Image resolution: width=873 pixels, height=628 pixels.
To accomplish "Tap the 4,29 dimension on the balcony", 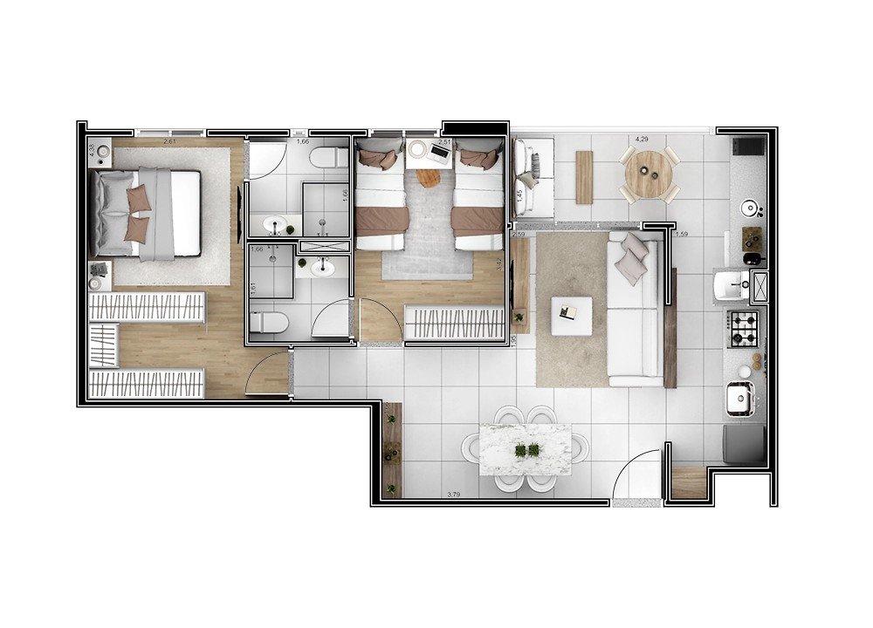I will coord(642,140).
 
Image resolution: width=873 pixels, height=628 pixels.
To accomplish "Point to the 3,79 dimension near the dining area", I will coord(454,495).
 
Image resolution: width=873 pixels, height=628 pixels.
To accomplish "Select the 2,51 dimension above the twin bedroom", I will coord(445,141).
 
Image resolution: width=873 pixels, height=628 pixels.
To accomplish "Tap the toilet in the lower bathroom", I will coord(269,324).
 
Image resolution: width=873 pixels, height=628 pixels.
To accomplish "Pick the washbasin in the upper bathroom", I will coord(279,224).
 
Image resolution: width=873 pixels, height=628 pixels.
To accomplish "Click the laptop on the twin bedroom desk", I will coord(439,154).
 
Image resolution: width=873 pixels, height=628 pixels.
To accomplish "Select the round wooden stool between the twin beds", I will coord(428,177).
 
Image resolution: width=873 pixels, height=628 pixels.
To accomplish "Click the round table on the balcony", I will coord(649,173).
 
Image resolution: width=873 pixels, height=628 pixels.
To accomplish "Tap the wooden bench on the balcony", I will coord(583,177).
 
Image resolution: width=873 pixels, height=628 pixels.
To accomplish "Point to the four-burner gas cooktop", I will coord(744,328).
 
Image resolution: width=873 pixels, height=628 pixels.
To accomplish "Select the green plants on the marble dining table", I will coord(526,450).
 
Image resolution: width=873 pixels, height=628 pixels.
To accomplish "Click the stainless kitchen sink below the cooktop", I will coord(739,398).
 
